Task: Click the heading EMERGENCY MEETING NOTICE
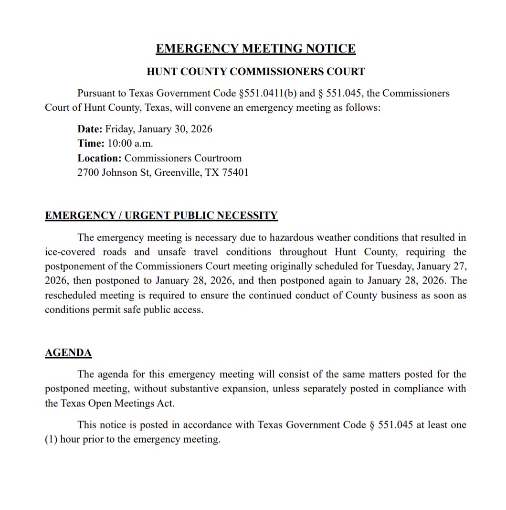pyautogui.click(x=255, y=49)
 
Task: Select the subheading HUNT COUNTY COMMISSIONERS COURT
pyautogui.click(x=255, y=72)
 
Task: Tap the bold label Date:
pyautogui.click(x=90, y=129)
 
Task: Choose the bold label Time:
pyautogui.click(x=90, y=143)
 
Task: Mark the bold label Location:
pyautogui.click(x=99, y=158)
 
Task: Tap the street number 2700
pyautogui.click(x=88, y=172)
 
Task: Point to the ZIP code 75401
pyautogui.click(x=235, y=172)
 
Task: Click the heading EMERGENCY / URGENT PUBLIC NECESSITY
pyautogui.click(x=161, y=215)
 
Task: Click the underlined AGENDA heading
pyautogui.click(x=68, y=353)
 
